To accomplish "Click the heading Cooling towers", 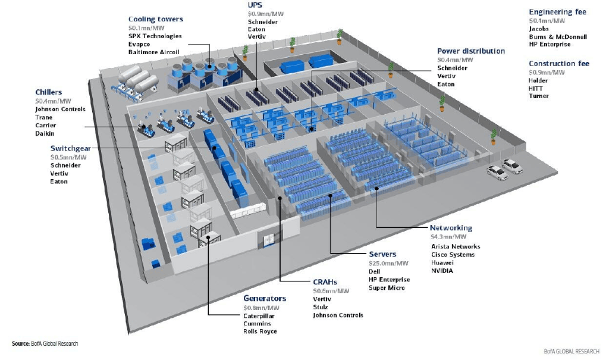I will (x=156, y=19).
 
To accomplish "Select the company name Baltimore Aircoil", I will (x=155, y=52).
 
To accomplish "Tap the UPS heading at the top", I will (x=255, y=5).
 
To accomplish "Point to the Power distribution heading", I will (x=470, y=51).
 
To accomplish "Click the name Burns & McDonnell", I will (x=558, y=36).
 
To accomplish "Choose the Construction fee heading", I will (x=559, y=64).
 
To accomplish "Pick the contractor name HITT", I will (x=535, y=88).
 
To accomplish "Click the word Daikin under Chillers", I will (x=45, y=133).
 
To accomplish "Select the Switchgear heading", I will (x=70, y=148).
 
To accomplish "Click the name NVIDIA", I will (x=442, y=271).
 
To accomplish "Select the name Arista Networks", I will (x=456, y=246).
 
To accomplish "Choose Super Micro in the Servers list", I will (x=387, y=288).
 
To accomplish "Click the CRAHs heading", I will (x=325, y=282).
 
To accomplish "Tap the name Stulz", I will (x=321, y=307).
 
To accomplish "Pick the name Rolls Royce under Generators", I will (x=260, y=331).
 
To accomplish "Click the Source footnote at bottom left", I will (x=45, y=343).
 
